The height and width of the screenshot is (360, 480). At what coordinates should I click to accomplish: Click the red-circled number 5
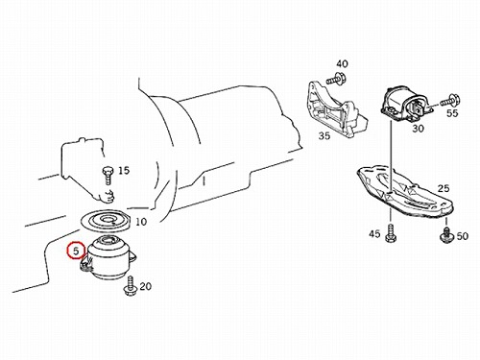click(76, 251)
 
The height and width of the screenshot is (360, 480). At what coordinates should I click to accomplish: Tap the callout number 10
click(141, 222)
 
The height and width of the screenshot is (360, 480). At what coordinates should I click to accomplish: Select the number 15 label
click(124, 170)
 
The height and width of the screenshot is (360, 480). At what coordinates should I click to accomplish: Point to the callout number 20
click(146, 286)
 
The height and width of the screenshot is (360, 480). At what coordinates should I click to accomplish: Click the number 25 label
click(444, 188)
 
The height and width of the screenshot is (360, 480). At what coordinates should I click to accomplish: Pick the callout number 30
click(418, 129)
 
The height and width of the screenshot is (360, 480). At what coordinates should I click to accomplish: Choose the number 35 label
click(324, 136)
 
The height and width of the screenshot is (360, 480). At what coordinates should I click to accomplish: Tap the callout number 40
click(342, 64)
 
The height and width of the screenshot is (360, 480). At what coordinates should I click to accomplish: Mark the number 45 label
click(374, 234)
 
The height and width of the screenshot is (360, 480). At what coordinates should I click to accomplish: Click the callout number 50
click(463, 236)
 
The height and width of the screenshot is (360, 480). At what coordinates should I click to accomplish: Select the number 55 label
click(452, 113)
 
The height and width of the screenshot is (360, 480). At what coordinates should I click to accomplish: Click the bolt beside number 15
click(107, 175)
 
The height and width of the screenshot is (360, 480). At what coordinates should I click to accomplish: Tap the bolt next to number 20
click(131, 286)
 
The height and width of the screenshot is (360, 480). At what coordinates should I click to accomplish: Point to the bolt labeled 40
click(333, 79)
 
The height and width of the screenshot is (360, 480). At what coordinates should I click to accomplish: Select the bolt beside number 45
click(391, 233)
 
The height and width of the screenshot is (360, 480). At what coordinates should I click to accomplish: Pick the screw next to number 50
click(445, 234)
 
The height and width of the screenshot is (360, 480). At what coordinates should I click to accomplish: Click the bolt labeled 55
click(450, 100)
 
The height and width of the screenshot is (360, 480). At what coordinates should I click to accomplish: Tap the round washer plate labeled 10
click(105, 221)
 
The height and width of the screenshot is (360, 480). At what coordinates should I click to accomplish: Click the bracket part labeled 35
click(336, 108)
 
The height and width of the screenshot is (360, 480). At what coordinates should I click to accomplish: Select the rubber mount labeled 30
click(406, 104)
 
